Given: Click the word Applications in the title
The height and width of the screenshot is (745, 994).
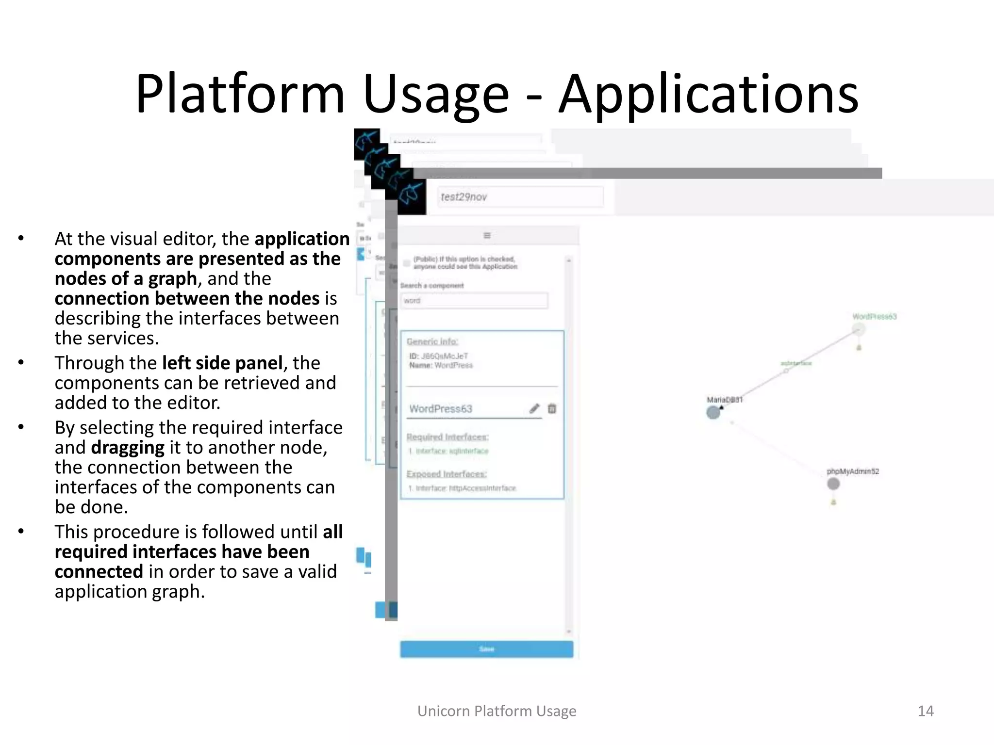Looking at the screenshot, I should click(708, 94).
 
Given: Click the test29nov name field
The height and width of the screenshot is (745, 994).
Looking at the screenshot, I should click(520, 197).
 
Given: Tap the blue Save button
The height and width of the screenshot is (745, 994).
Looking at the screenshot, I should click(486, 649).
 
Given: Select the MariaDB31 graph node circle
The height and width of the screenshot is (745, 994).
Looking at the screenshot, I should click(713, 413).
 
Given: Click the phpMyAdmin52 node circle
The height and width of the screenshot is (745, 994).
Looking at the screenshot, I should click(833, 484).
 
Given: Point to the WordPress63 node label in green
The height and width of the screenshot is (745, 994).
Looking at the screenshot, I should click(875, 317).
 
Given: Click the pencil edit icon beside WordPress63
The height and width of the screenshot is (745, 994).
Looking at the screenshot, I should click(534, 409).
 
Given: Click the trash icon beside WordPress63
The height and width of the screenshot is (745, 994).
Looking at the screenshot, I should click(552, 409).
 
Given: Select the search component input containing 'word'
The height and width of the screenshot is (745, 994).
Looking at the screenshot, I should click(474, 301).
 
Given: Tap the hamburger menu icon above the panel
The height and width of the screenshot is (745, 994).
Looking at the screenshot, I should click(487, 236).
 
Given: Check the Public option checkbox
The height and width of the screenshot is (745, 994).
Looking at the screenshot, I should click(407, 263).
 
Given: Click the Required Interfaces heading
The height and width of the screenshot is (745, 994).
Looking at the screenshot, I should click(447, 437).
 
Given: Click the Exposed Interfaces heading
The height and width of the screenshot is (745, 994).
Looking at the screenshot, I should click(447, 474).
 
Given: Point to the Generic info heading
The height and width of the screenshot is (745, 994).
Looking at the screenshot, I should click(432, 341).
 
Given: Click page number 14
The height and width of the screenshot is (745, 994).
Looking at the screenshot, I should click(925, 711).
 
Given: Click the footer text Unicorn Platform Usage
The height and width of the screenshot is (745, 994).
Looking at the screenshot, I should click(497, 711).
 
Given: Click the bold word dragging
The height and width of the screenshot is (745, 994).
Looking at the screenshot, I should click(128, 448).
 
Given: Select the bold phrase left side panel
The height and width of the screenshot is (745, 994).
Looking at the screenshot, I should click(222, 363).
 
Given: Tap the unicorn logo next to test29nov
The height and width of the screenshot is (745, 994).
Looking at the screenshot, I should click(412, 197).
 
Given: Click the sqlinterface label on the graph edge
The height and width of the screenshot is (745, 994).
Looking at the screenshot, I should click(796, 363).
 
